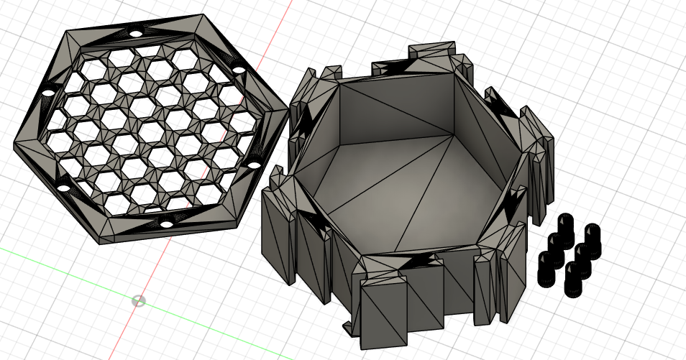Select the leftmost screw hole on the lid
tap(47, 93)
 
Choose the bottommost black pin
tap(573, 282)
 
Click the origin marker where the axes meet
tap(139, 300)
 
